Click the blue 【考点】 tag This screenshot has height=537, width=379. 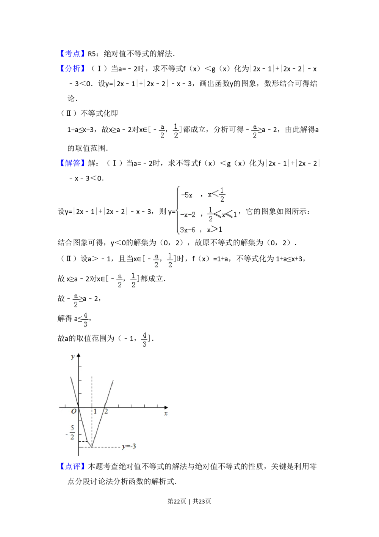72,53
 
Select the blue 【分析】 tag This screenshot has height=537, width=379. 72,68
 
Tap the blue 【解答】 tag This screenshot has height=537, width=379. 72,163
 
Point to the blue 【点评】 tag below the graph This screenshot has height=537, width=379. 72,466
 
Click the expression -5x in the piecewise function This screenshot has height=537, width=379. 186,195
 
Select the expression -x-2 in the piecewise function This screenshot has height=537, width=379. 188,215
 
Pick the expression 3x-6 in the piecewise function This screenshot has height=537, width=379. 188,229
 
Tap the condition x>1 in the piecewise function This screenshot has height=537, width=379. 215,229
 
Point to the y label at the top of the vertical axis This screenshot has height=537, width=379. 72,356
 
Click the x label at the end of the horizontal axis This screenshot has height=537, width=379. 166,413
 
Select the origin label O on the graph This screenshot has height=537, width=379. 74,411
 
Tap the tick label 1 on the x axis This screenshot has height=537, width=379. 95,411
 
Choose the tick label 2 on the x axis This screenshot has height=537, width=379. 106,411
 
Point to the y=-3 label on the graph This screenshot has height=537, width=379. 129,446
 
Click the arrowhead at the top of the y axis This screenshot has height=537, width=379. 79,355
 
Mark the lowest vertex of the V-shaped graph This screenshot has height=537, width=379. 92,447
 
